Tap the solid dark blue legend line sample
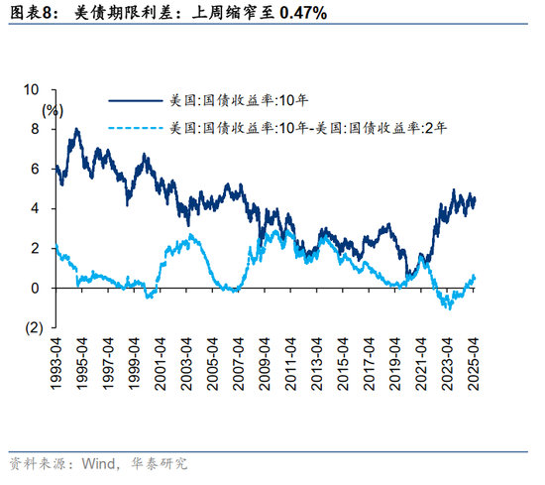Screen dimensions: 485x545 click(x=135, y=100)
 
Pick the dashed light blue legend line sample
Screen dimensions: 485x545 click(x=135, y=127)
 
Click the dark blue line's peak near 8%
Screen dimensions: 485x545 click(x=76, y=129)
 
